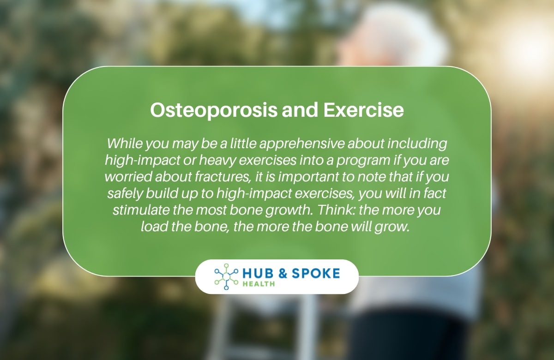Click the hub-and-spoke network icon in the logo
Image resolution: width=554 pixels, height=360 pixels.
tap(226, 276)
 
